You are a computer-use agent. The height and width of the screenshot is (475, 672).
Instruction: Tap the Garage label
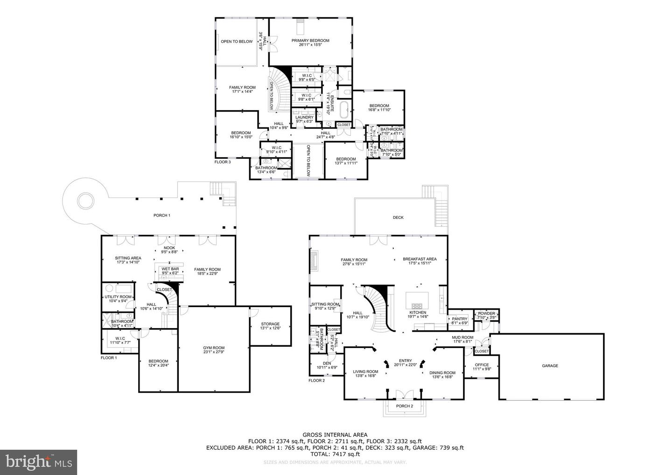click(x=550, y=366)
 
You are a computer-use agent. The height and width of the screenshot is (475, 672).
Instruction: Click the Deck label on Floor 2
click(x=398, y=217)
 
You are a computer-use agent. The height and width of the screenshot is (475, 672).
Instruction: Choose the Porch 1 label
click(x=162, y=216)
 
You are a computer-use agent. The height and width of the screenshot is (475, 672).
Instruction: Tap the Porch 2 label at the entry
click(x=405, y=406)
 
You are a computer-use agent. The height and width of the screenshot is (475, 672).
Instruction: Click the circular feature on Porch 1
click(x=85, y=202)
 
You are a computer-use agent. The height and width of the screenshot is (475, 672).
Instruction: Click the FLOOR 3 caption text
click(x=223, y=162)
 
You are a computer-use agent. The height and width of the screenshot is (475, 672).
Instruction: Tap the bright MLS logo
click(x=38, y=462)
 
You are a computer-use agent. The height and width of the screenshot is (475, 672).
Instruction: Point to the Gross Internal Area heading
click(x=335, y=434)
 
